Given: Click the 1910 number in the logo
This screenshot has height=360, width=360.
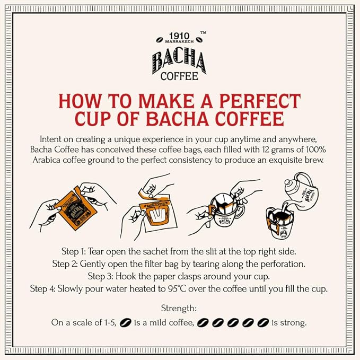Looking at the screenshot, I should pos(180,30).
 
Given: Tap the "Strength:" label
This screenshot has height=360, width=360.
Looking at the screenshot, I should pos(180,308).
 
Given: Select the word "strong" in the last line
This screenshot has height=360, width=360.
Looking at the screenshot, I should pos(294,322).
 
